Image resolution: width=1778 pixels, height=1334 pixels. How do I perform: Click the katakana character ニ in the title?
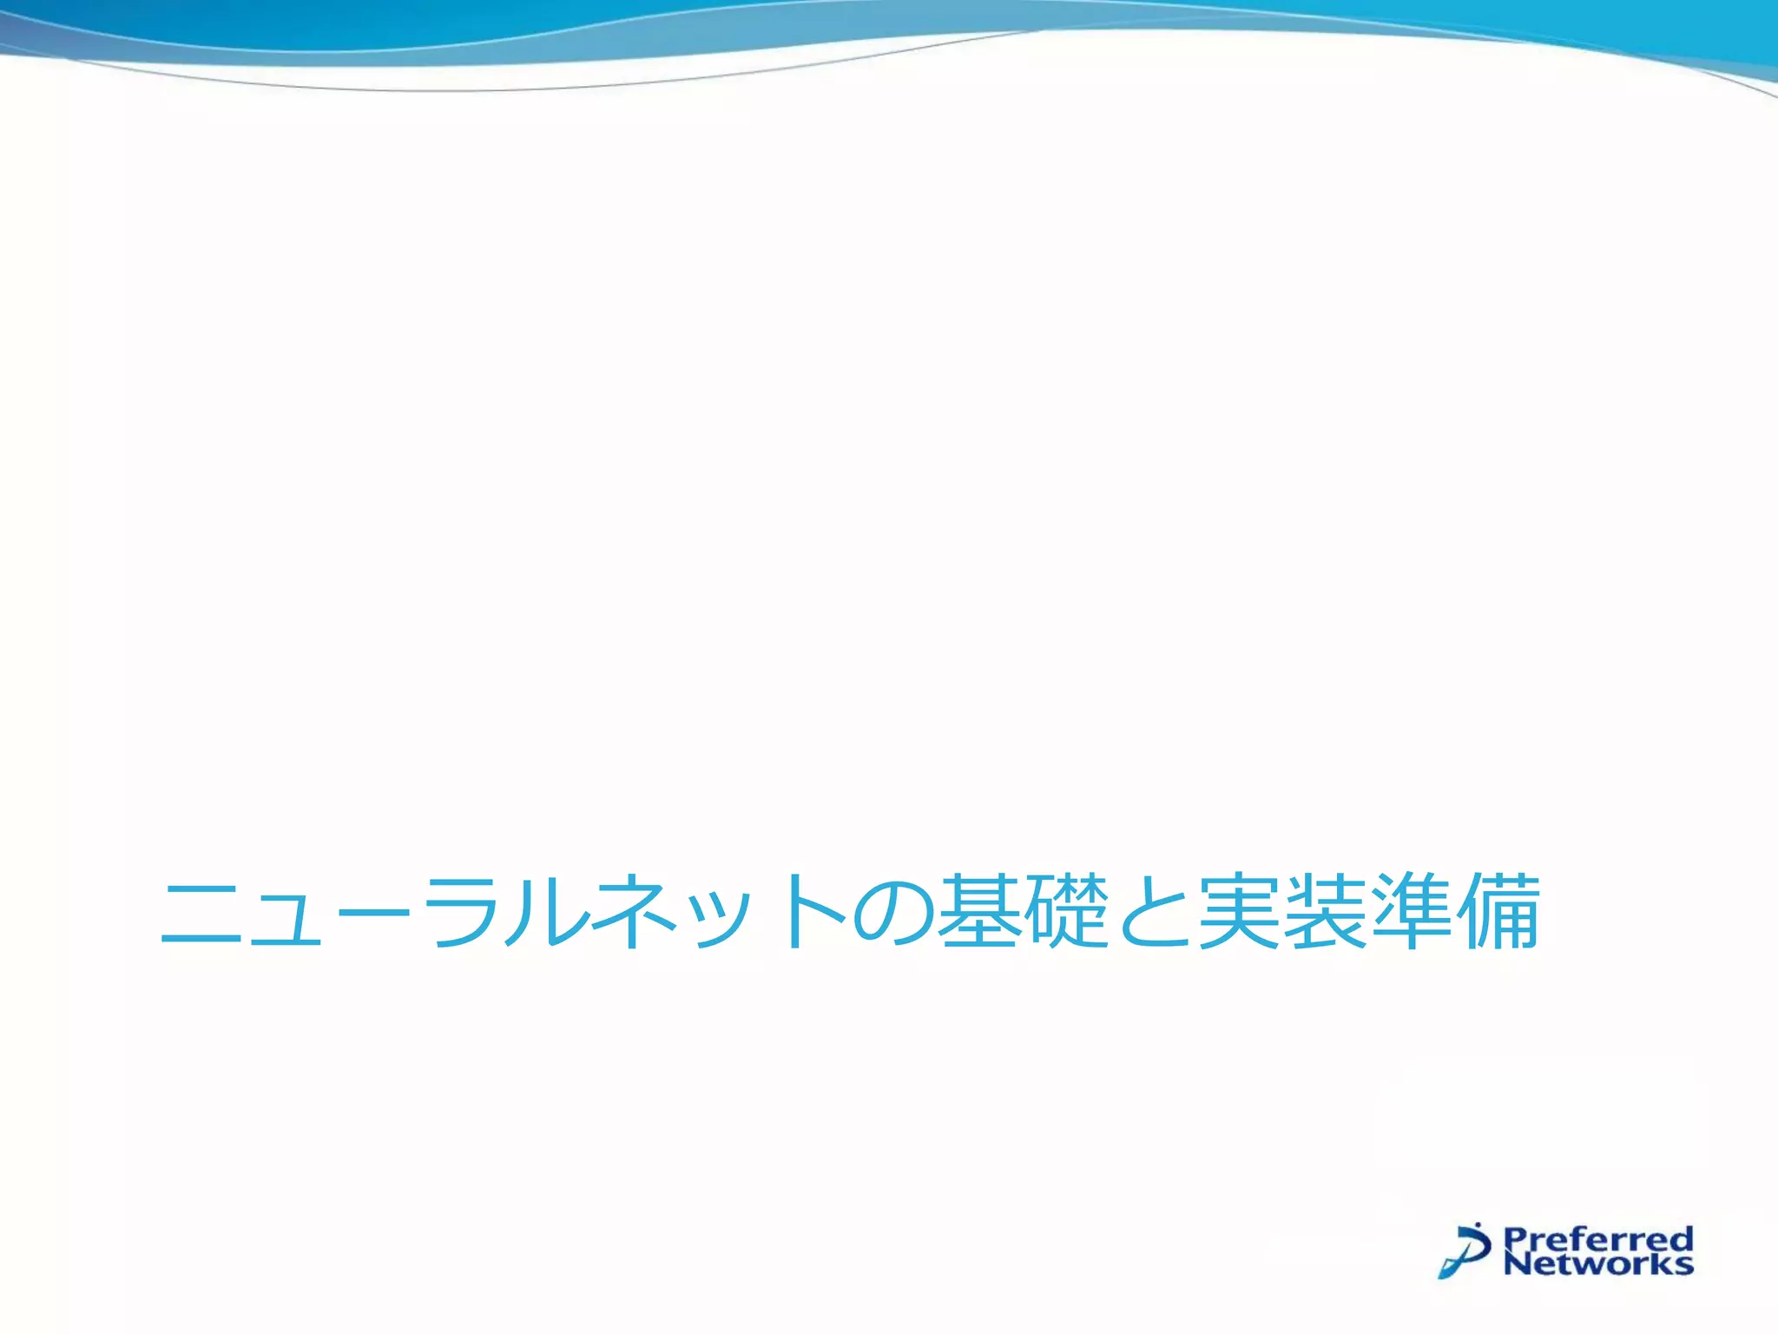tap(201, 914)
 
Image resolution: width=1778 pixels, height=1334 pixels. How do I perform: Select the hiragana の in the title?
tap(894, 914)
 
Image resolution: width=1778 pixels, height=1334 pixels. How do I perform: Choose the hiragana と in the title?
tap(1153, 914)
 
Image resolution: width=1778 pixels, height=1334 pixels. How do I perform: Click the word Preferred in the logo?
tap(1597, 1238)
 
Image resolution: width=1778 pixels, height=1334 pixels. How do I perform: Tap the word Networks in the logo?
tap(1597, 1264)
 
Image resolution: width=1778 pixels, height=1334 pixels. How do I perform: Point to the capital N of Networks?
tap(1516, 1264)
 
